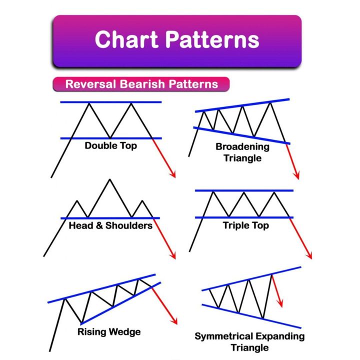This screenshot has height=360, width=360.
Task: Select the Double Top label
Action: point(110,146)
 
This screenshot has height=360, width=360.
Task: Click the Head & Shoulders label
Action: point(110,225)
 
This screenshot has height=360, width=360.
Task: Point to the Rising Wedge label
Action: point(109,331)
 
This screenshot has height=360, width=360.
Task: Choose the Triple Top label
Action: point(245,225)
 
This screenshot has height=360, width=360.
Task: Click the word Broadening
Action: point(242,147)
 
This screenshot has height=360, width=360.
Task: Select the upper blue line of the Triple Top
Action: point(243,190)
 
